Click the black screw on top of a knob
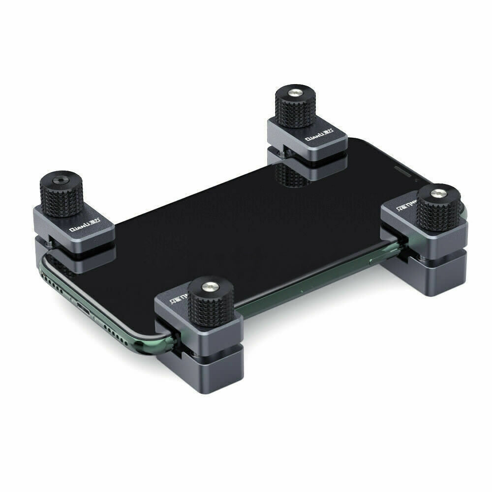coord(58,181)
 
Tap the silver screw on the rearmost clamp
coord(296,92)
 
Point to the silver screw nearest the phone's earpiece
coord(438,192)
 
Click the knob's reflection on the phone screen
coord(290,175)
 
